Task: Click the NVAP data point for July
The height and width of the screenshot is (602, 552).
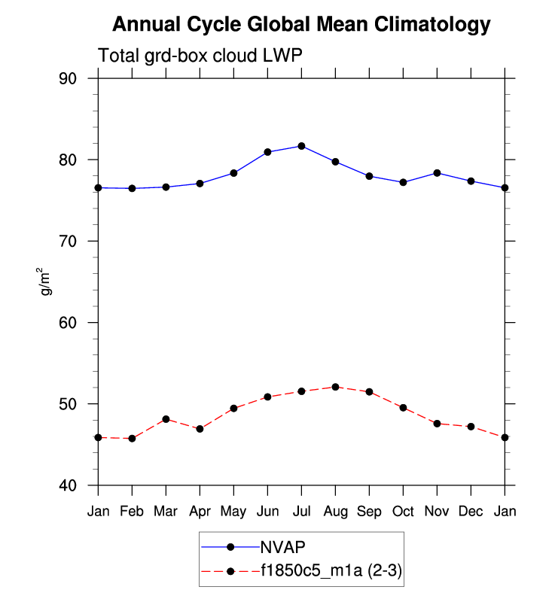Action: [x=301, y=146]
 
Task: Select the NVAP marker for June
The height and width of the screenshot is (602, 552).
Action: [x=267, y=152]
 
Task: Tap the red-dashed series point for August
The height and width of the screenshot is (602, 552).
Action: [x=335, y=387]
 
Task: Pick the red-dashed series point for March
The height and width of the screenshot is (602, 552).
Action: [x=166, y=419]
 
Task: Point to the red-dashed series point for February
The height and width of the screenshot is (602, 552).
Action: [x=132, y=438]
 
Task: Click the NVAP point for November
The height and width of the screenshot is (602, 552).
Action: [x=437, y=173]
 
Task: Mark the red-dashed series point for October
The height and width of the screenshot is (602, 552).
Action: [x=403, y=408]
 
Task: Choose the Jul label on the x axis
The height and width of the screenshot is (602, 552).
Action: [x=301, y=512]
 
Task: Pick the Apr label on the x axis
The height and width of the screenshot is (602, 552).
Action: [x=200, y=512]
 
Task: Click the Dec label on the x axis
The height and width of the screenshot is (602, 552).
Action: [x=471, y=512]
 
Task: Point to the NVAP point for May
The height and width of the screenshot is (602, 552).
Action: [x=233, y=173]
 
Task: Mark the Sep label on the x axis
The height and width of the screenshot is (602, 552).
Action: [x=369, y=512]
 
